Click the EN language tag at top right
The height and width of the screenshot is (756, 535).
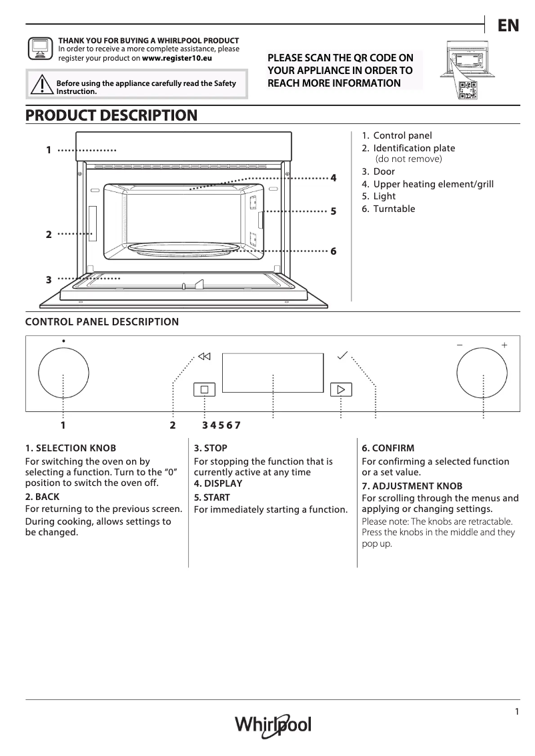click(508, 25)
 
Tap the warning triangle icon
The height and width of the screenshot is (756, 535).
click(41, 86)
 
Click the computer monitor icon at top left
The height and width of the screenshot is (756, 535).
click(39, 49)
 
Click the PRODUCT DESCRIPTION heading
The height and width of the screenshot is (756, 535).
click(111, 115)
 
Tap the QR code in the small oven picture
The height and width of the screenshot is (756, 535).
click(468, 91)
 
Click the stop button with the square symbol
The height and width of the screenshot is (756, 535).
click(205, 389)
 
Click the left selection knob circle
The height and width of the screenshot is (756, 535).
click(63, 374)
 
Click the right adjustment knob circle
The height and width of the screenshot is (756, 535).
click(482, 374)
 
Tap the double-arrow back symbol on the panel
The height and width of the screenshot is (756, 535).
click(204, 356)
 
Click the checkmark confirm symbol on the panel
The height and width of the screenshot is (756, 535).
click(343, 355)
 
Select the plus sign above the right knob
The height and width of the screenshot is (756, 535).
click(504, 345)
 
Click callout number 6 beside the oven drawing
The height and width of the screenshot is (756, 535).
click(333, 251)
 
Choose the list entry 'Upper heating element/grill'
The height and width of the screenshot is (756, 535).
click(433, 184)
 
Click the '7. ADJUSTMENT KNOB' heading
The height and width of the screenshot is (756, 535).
click(412, 486)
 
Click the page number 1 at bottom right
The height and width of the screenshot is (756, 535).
click(516, 711)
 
